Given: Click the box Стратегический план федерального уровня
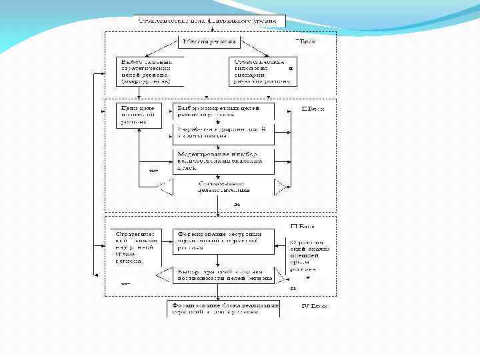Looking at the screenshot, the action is coord(210,21).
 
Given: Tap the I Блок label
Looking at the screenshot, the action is coord(305,41).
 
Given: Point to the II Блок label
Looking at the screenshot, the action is coord(313,109).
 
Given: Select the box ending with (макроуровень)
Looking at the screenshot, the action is coord(144,70).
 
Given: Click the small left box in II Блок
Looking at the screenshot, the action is coord(137,115).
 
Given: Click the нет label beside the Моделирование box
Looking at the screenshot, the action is coord(153,170).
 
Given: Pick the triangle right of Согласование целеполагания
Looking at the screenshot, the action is coord(281,187).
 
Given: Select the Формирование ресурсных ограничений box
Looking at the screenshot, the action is coord(223,241).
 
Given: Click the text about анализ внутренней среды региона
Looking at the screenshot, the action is coord(136,247).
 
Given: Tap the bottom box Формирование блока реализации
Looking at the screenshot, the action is coord(223,307).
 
